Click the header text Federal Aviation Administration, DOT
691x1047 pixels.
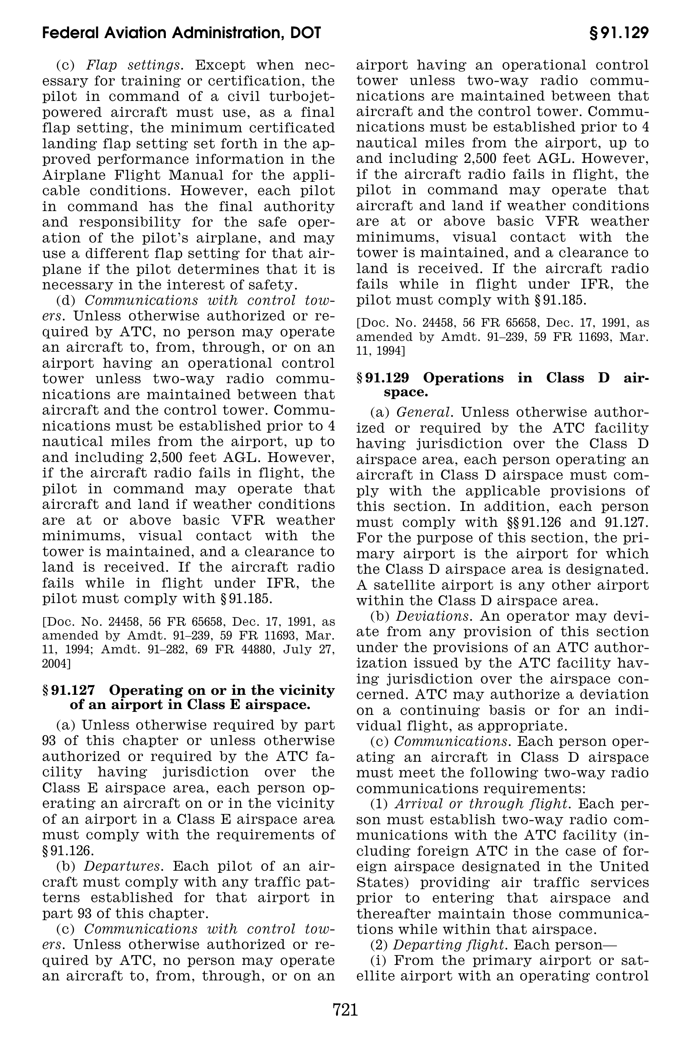[182, 33]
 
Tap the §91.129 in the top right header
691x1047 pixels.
[619, 33]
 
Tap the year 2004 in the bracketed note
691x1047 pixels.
[54, 663]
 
